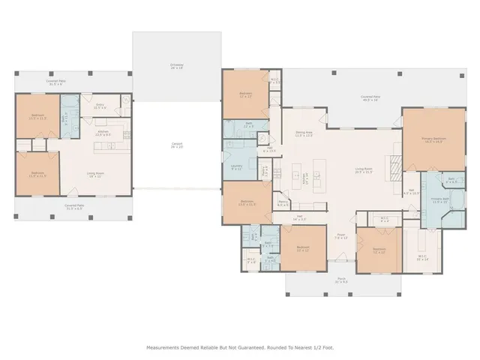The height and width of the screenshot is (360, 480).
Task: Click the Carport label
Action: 177,145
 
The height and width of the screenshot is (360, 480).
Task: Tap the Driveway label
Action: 177,66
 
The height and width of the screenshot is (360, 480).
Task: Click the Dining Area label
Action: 304,134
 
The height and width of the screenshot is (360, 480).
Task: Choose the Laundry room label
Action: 236,168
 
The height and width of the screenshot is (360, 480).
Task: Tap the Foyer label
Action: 341,236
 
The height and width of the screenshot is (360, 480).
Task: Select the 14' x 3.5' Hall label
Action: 299,218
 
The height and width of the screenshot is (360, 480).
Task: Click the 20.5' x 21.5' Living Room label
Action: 364,171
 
